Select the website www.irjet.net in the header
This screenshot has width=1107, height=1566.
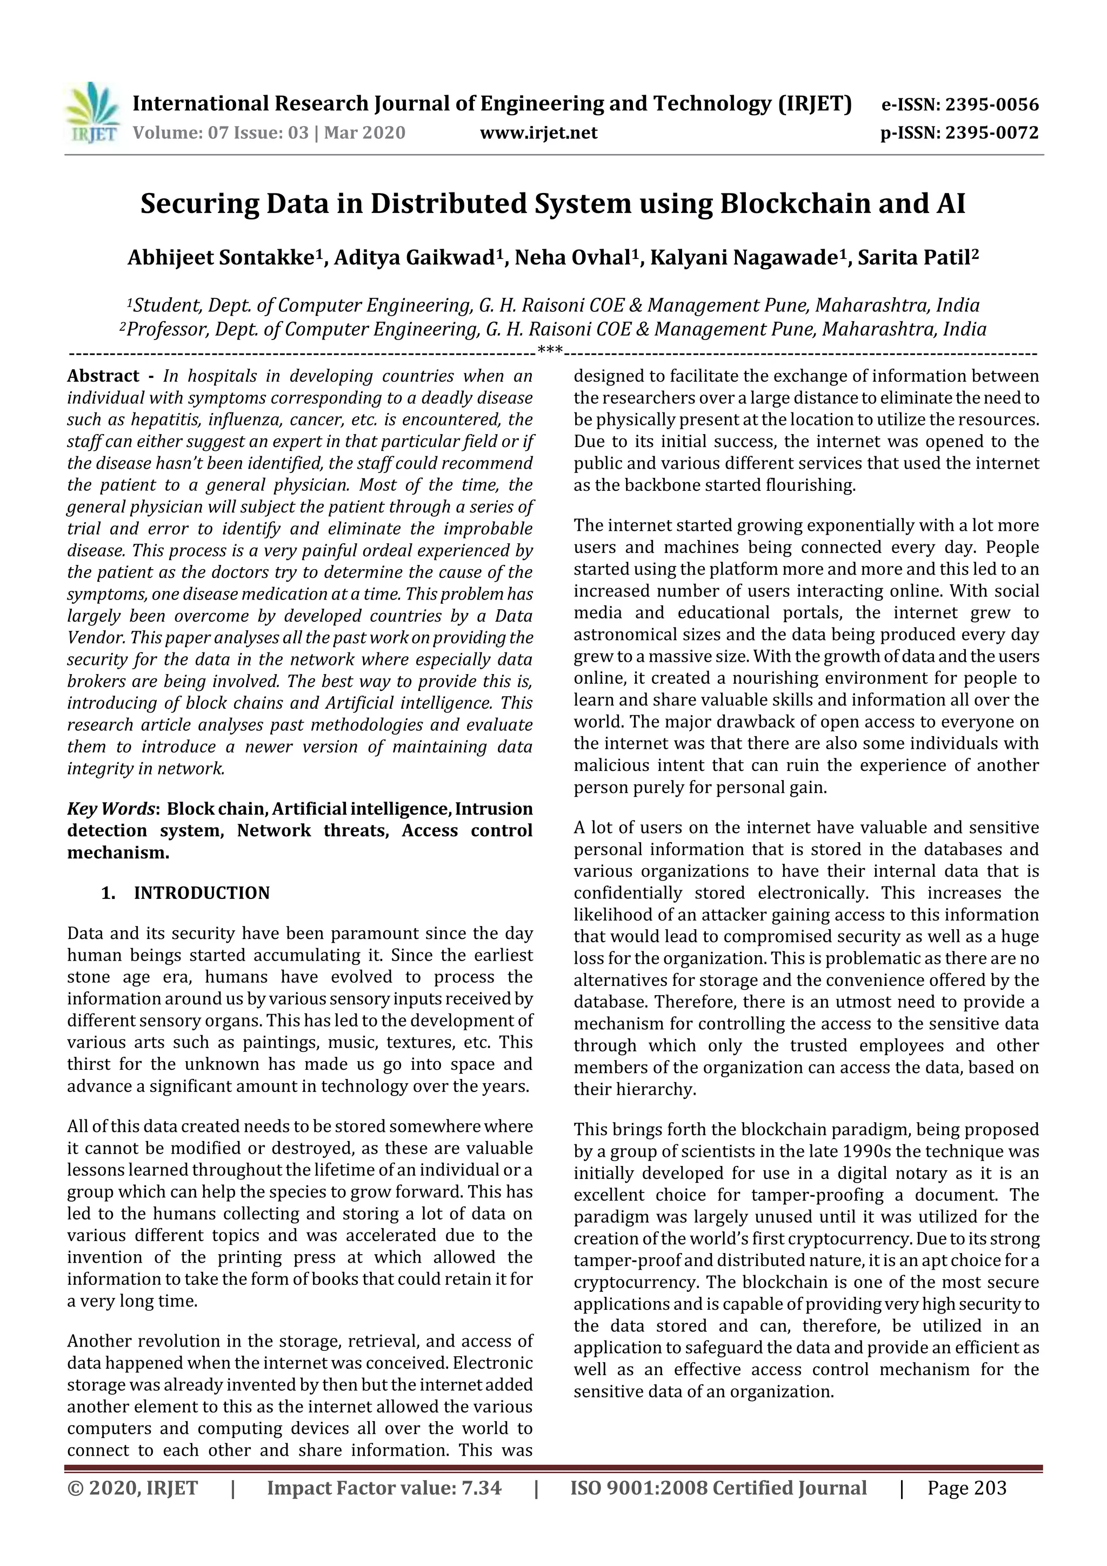pyautogui.click(x=538, y=132)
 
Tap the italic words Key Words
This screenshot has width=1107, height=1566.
pyautogui.click(x=110, y=809)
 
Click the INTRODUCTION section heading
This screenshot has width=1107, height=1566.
pyautogui.click(x=202, y=893)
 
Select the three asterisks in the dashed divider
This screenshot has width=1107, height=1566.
pyautogui.click(x=550, y=351)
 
